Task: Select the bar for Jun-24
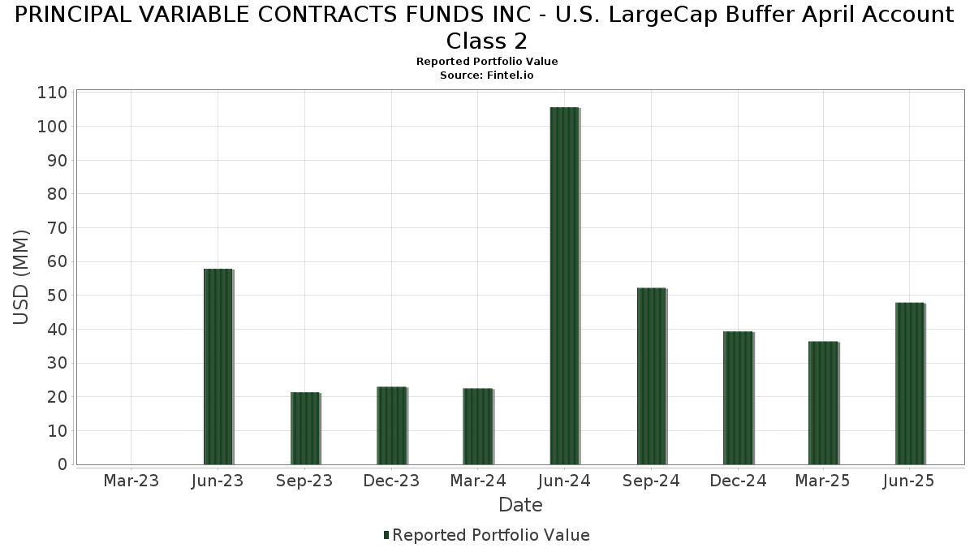[564, 286]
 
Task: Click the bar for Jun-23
[218, 366]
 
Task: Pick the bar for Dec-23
[391, 425]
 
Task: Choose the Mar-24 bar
[478, 426]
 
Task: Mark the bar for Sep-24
[651, 376]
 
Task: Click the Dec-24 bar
[738, 398]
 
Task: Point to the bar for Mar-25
[823, 403]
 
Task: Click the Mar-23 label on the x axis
[131, 481]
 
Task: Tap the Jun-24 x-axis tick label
[564, 481]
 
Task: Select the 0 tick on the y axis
[62, 464]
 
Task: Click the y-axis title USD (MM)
[22, 278]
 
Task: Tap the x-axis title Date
[520, 505]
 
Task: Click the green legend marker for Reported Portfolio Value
[386, 535]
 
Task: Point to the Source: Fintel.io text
[487, 75]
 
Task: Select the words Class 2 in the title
[487, 41]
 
